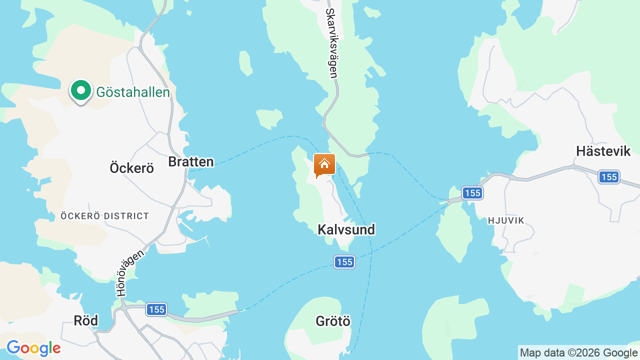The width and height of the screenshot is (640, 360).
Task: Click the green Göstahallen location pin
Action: click(x=80, y=91)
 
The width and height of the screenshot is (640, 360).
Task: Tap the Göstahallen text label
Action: click(x=133, y=92)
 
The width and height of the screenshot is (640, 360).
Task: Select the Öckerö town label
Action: click(x=131, y=168)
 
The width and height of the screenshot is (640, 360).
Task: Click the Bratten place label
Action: click(x=191, y=161)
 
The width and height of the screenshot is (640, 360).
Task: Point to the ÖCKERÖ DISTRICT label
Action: click(x=104, y=216)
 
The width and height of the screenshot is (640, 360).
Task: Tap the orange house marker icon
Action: click(x=324, y=164)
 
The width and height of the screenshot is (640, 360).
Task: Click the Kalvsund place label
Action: click(x=346, y=229)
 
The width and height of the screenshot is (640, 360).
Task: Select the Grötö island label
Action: click(x=333, y=321)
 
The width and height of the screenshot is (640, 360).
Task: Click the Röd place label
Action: click(x=85, y=320)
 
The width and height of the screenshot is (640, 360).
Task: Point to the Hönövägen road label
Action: click(x=129, y=273)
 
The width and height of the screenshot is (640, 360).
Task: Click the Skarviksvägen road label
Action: click(x=331, y=43)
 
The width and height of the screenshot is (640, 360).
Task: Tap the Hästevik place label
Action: click(x=603, y=151)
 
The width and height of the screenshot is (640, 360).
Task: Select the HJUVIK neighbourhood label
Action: click(x=505, y=220)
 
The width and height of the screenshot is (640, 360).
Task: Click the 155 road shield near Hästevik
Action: click(x=609, y=177)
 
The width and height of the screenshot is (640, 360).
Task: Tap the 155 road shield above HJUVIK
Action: click(x=471, y=193)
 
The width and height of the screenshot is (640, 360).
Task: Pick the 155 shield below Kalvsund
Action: click(x=344, y=262)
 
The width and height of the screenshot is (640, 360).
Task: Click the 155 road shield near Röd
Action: click(x=156, y=309)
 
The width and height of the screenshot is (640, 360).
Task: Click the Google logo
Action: click(x=33, y=348)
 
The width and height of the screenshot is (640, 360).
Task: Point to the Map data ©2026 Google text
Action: click(x=578, y=353)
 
